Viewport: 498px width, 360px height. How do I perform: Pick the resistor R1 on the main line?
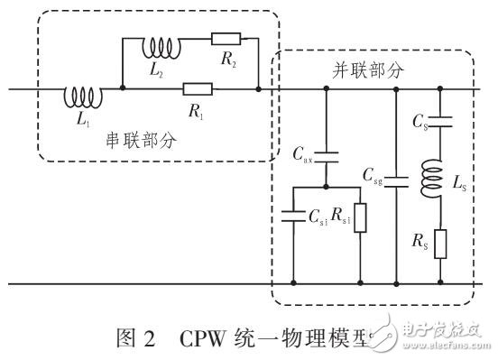point(197,88)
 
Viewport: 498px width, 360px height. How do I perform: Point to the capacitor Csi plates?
point(293,215)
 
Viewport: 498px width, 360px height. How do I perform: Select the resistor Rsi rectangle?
point(360,217)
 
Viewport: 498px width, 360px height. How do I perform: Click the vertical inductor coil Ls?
point(438,174)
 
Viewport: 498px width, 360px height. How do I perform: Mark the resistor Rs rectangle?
point(438,242)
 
